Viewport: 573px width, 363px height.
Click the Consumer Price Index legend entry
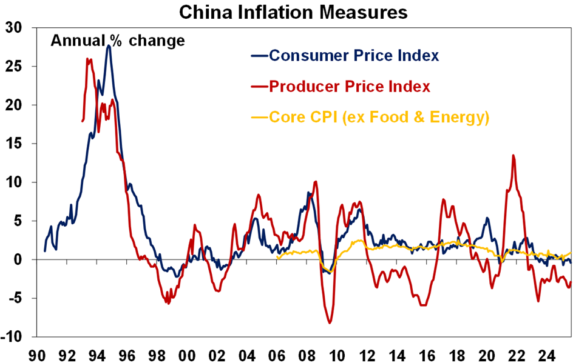(x=354, y=55)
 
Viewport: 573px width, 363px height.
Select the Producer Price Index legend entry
(x=350, y=87)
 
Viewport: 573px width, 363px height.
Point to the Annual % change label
(x=117, y=41)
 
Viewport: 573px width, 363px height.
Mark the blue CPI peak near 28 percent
(x=108, y=45)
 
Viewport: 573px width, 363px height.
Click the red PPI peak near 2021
(x=514, y=155)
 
